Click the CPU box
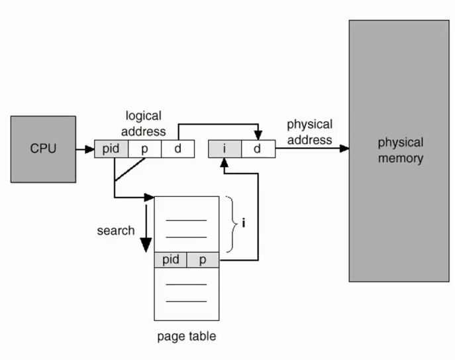(44, 148)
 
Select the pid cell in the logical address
(111, 149)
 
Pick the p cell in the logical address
(145, 149)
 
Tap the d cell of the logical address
(177, 149)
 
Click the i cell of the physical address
(225, 149)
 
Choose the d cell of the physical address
(257, 149)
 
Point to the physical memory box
(400, 150)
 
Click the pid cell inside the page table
(171, 260)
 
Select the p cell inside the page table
(202, 260)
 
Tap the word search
(116, 231)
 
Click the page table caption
(186, 336)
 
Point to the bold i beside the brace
(244, 224)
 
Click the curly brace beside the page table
(231, 224)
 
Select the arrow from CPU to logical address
(85, 149)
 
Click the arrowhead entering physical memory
(344, 149)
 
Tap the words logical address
(145, 123)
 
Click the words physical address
(309, 132)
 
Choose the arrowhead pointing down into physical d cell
(258, 136)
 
